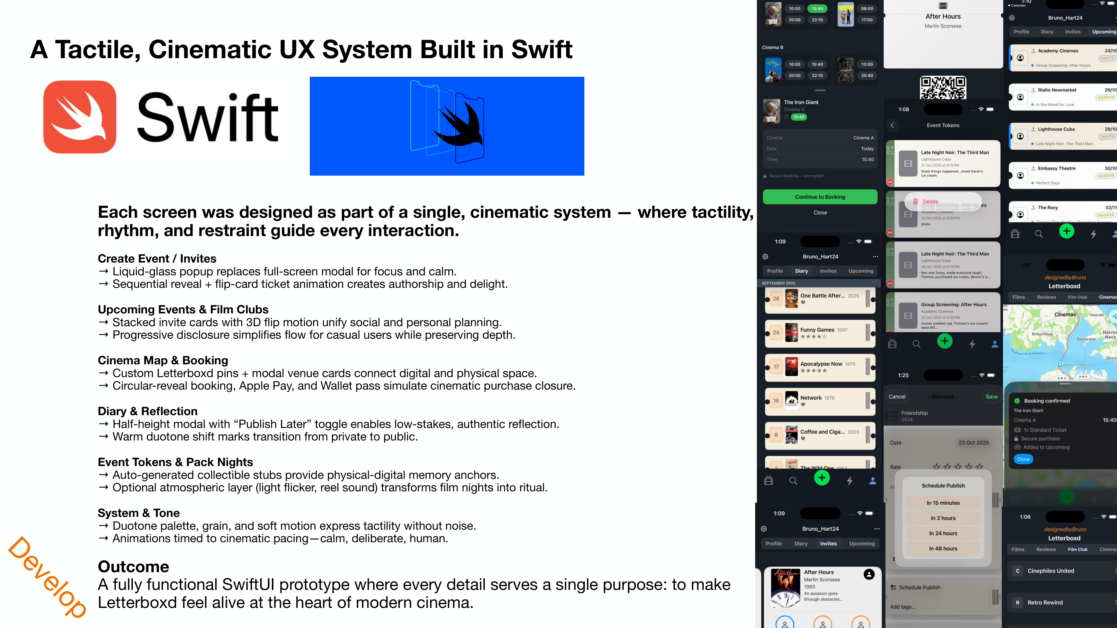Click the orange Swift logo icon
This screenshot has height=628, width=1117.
80,117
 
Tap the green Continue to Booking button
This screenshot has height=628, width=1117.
820,197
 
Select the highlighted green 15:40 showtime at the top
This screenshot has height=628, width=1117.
817,9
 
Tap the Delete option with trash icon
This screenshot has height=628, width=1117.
930,201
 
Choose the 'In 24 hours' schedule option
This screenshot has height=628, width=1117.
943,533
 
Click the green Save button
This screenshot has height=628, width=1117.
991,397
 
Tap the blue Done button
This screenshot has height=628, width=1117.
1023,459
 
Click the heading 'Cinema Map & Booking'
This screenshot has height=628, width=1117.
163,360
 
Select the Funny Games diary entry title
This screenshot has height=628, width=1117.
817,330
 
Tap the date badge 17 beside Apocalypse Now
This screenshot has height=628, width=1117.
776,367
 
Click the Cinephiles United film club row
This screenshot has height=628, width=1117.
1062,571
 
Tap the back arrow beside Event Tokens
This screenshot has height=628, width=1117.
892,125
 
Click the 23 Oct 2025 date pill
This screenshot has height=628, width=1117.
974,443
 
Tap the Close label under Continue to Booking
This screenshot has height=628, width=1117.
820,212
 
